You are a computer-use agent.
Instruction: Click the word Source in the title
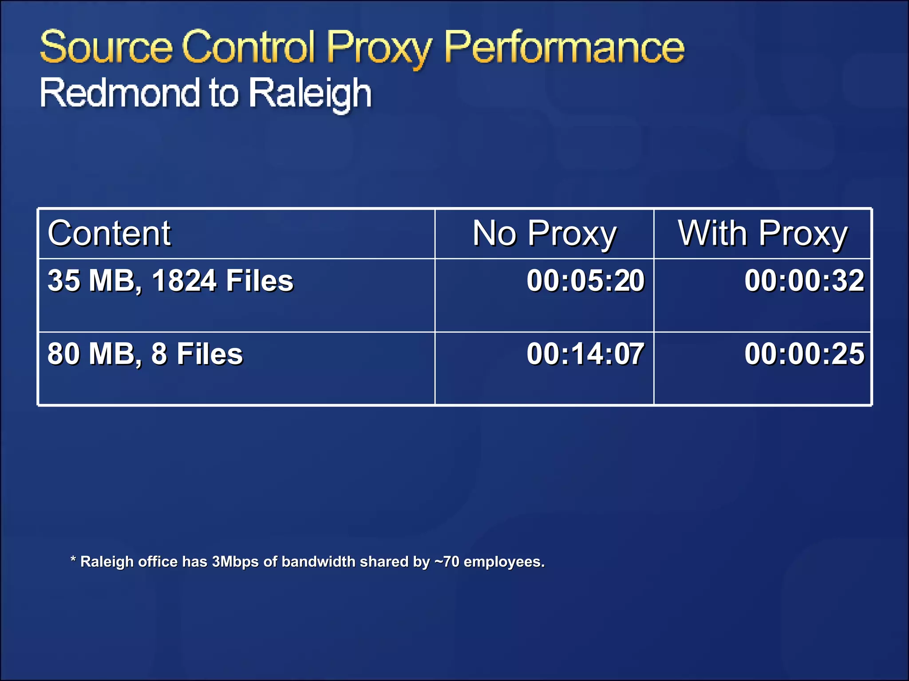tap(106, 47)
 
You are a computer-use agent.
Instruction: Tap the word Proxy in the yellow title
tap(379, 48)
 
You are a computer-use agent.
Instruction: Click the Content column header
tap(109, 233)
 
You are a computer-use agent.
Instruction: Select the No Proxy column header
tap(544, 234)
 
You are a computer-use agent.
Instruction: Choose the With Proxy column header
tap(763, 234)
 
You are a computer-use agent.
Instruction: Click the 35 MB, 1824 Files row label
tap(170, 281)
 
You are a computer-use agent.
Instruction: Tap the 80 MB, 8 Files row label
tap(145, 354)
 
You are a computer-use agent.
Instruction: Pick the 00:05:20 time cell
tap(585, 281)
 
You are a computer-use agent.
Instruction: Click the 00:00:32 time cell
tap(804, 281)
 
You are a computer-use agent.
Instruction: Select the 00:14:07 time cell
tap(585, 354)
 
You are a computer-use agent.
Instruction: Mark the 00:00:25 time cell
tap(804, 354)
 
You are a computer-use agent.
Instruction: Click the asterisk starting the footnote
tap(73, 560)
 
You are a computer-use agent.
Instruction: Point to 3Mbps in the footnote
tap(235, 562)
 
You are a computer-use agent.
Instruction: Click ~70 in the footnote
tap(447, 562)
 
